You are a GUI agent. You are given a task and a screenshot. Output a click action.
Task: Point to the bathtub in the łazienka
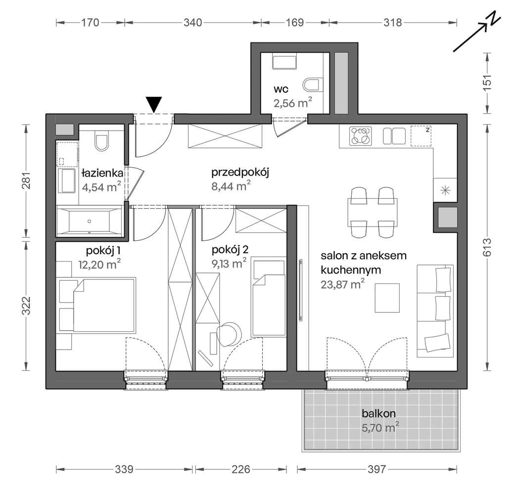[x=89, y=221]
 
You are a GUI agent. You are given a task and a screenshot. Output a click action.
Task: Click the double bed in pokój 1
[x=104, y=306]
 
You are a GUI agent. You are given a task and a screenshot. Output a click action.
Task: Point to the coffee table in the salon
[x=387, y=297]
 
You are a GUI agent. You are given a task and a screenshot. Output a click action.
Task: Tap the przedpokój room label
[x=239, y=173]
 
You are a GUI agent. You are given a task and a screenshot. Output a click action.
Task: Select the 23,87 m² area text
[x=342, y=284]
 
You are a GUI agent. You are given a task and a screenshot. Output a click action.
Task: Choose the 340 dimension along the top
[x=193, y=22]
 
